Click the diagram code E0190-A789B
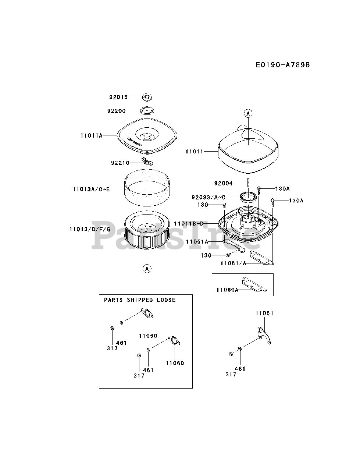pos(283,65)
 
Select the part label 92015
pos(118,98)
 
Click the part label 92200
pos(116,111)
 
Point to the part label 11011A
pos(92,135)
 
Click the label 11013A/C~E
pos(91,189)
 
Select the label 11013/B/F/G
pos(90,229)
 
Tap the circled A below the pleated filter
pos(147,269)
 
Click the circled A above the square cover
pos(248,114)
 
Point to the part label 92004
pos(224,183)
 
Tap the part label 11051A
pos(197,242)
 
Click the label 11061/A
pos(233,263)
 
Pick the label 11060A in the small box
pos(227,290)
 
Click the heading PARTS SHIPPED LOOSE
pos(140,300)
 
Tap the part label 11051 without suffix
pos(265,314)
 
